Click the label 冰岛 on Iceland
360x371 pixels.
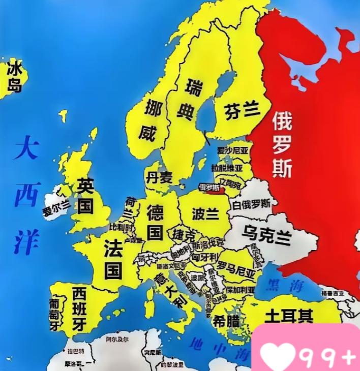(x=15, y=77)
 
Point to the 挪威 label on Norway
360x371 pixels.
(x=149, y=120)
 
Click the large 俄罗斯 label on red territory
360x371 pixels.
(x=282, y=144)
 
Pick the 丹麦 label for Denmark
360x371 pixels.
(x=159, y=177)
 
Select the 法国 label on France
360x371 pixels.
(x=113, y=259)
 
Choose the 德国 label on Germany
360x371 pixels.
(x=155, y=222)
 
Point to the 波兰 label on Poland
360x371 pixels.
(x=204, y=213)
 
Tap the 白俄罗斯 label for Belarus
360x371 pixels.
(x=252, y=205)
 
